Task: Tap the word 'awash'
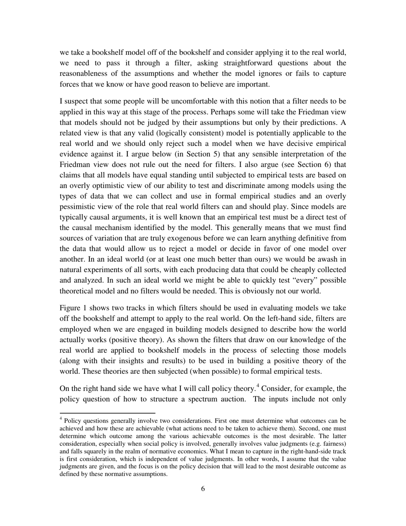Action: click(335, 259)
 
